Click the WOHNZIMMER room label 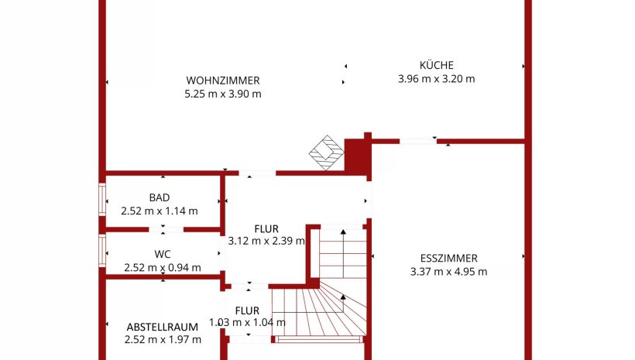[222, 81]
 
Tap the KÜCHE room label [436, 66]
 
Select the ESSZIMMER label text [448, 259]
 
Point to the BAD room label [160, 197]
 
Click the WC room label [163, 254]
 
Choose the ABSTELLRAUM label [163, 327]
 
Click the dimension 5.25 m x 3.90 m [222, 94]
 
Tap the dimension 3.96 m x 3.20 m [436, 78]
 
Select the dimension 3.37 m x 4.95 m [448, 271]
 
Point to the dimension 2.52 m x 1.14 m [160, 210]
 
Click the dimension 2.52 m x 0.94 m [163, 268]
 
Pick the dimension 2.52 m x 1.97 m [163, 339]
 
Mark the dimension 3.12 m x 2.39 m [266, 241]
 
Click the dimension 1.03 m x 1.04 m [248, 323]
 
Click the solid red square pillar [357, 156]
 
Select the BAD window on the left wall [102, 200]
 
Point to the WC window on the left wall [102, 252]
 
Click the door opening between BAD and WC [163, 229]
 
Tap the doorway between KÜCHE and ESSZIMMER [418, 141]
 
